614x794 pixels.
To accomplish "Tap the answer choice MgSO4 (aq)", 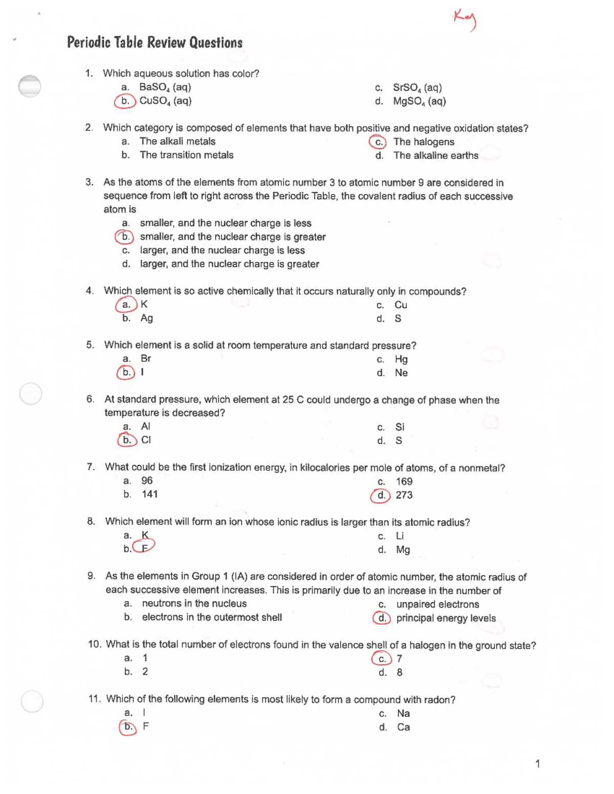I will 419,101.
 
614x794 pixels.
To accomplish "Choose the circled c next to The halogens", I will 379,142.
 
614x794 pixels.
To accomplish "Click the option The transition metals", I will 186,155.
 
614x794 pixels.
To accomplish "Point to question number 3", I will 90,182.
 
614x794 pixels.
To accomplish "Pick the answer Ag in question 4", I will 146,318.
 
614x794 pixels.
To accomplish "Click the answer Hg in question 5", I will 401,359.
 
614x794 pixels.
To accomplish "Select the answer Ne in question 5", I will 401,373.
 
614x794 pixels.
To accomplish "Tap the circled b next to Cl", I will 127,440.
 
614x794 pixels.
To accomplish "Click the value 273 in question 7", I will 404,495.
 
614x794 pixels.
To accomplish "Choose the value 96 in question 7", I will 147,481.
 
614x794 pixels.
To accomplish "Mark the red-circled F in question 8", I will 145,548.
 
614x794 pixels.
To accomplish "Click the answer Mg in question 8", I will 403,550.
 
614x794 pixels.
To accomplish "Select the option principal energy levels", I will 446,618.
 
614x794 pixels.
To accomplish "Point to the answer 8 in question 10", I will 400,672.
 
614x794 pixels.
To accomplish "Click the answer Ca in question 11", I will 403,727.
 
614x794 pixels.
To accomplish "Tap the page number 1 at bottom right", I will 537,764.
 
